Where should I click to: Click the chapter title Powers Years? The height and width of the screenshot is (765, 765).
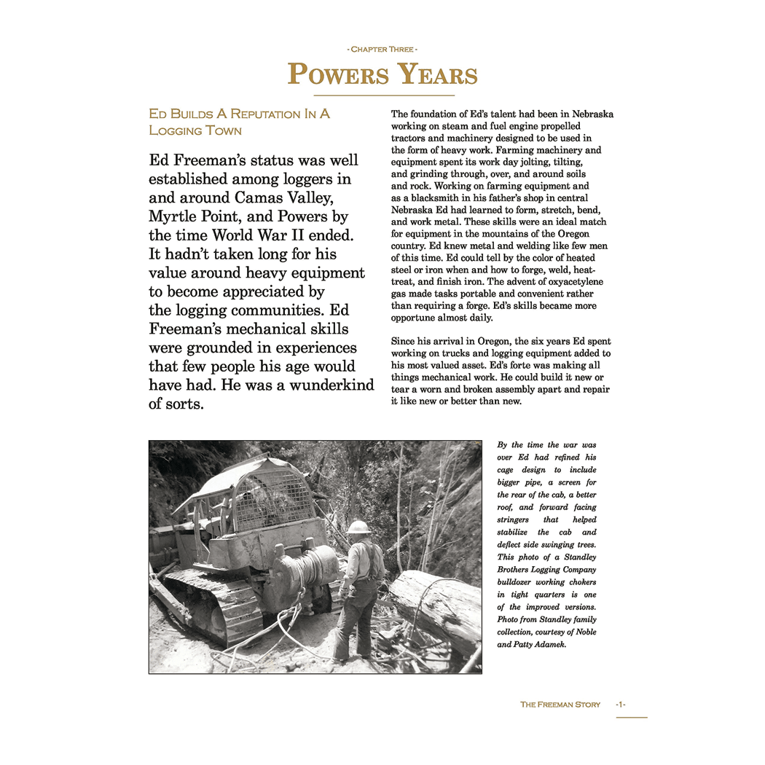[x=382, y=74]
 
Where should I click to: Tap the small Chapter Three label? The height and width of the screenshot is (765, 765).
[x=382, y=50]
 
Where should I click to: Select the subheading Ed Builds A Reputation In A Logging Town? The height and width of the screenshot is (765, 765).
[x=239, y=122]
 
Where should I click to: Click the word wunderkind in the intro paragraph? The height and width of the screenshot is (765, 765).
[x=331, y=385]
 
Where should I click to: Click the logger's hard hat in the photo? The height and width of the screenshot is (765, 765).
[x=359, y=527]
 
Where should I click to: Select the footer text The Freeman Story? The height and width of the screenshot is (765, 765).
[x=560, y=705]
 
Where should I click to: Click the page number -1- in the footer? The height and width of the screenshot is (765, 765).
[x=620, y=705]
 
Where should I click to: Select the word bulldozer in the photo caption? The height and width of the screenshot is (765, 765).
[x=519, y=582]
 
